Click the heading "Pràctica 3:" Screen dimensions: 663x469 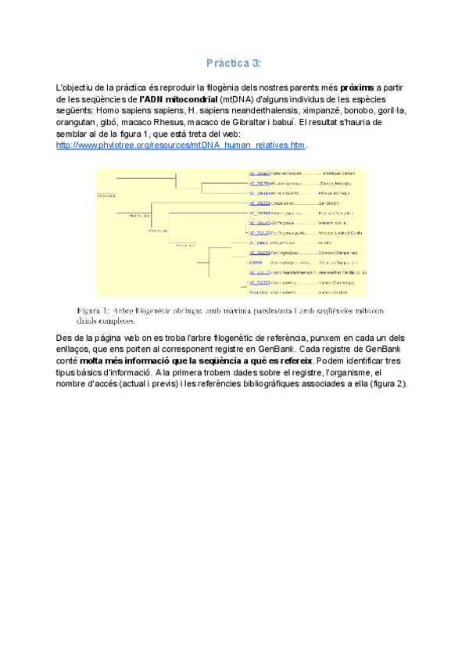click(234, 63)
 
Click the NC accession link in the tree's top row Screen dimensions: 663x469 click(259, 173)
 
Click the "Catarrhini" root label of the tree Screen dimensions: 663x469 click(106, 195)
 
